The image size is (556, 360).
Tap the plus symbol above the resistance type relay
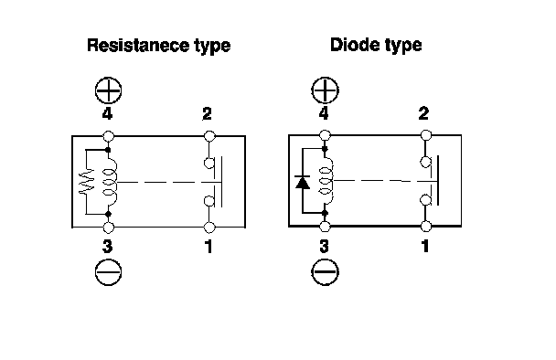pyautogui.click(x=108, y=90)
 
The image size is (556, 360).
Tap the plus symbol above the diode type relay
pyautogui.click(x=325, y=90)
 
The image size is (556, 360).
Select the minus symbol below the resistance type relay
pyautogui.click(x=108, y=272)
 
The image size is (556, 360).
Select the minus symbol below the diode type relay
pyautogui.click(x=325, y=272)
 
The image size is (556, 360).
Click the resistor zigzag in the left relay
pyautogui.click(x=86, y=181)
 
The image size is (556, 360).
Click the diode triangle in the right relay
pyautogui.click(x=303, y=183)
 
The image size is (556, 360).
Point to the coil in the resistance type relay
pyautogui.click(x=110, y=182)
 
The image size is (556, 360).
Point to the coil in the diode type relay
pyautogui.click(x=326, y=181)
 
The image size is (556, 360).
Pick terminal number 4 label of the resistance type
pyautogui.click(x=107, y=113)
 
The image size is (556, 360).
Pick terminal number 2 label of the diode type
pyautogui.click(x=423, y=113)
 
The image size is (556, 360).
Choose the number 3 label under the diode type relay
pyautogui.click(x=324, y=247)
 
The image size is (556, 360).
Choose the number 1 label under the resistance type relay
pyautogui.click(x=208, y=247)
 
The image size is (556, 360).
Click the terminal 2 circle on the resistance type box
pyautogui.click(x=209, y=136)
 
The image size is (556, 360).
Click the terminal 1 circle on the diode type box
pyautogui.click(x=426, y=226)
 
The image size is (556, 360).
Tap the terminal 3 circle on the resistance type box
pyautogui.click(x=108, y=228)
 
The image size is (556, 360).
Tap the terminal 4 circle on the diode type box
pyautogui.click(x=325, y=135)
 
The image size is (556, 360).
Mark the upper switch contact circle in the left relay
pyautogui.click(x=208, y=163)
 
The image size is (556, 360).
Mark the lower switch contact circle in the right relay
pyautogui.click(x=425, y=199)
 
